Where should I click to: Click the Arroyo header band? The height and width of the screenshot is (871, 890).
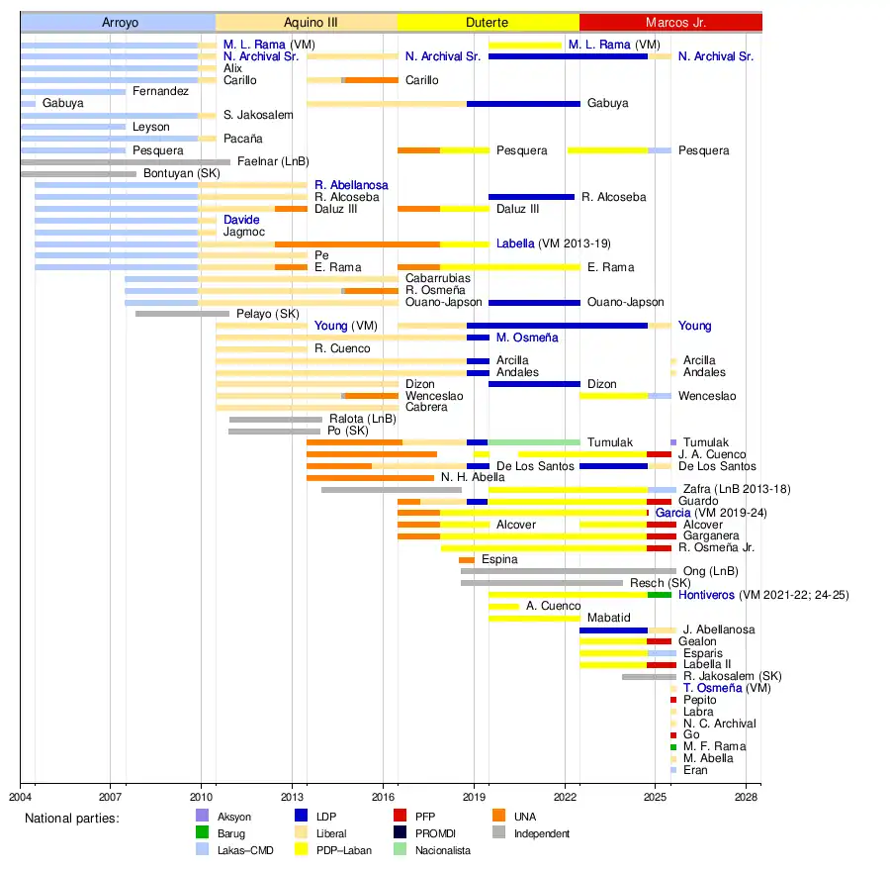tap(118, 22)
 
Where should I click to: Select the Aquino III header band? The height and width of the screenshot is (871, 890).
tap(306, 22)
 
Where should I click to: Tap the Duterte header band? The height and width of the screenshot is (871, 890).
tap(488, 22)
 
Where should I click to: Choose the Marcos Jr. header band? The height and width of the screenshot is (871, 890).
tap(669, 22)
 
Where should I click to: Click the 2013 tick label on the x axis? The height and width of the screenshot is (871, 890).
tap(292, 795)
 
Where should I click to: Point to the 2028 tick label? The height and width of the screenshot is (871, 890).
tap(747, 795)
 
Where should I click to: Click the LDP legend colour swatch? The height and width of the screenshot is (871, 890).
tap(302, 818)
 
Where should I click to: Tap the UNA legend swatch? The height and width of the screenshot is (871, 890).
tap(498, 818)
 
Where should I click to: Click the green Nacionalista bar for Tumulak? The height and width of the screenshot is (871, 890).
tap(534, 442)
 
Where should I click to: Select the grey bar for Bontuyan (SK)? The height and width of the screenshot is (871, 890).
tap(78, 174)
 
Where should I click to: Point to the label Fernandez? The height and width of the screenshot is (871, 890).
tap(160, 91)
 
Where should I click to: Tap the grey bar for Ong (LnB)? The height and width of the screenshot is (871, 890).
tap(569, 571)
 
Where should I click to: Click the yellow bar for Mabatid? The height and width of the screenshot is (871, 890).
tap(534, 618)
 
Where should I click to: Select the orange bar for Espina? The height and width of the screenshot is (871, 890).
tap(467, 560)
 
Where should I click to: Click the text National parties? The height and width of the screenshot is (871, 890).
tap(71, 819)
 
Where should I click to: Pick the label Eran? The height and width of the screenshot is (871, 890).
tap(695, 770)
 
